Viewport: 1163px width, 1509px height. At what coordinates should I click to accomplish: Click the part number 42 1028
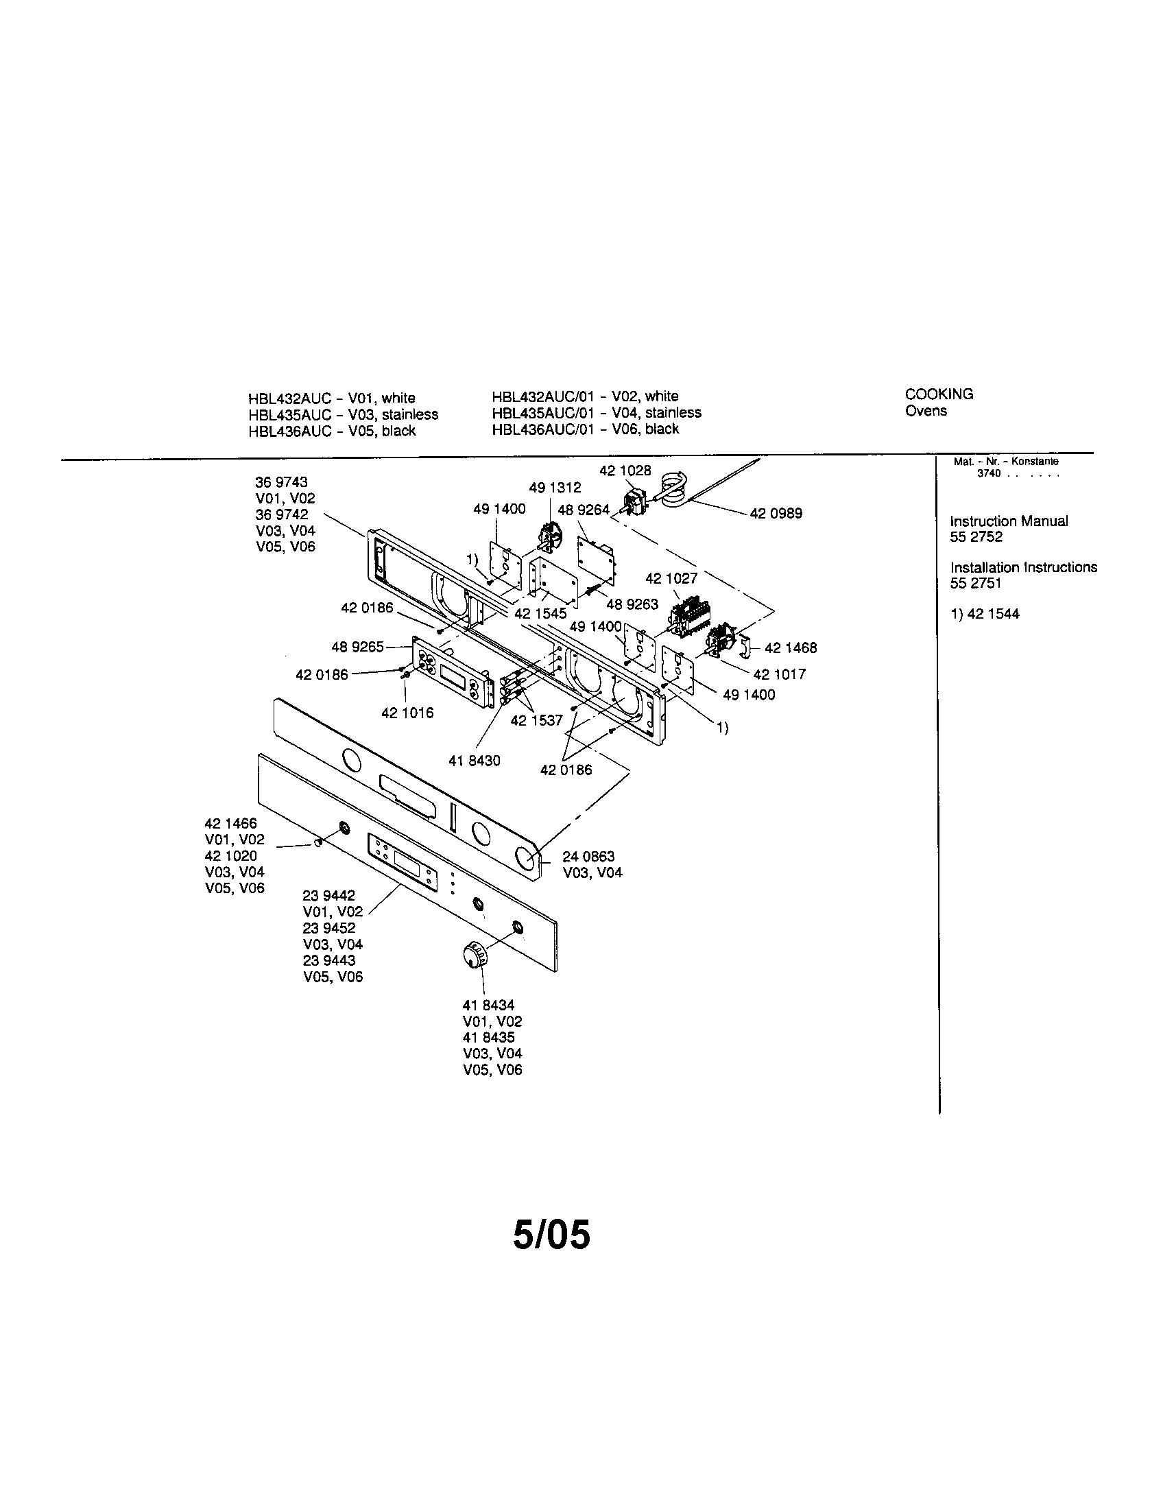point(624,471)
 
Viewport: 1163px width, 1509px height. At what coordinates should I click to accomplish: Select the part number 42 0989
point(776,513)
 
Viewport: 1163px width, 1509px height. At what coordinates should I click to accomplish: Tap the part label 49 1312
point(555,488)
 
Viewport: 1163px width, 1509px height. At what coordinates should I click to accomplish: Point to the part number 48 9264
point(583,510)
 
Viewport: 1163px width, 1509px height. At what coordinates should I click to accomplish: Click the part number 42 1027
point(671,578)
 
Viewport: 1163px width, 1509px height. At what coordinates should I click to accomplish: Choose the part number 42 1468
point(790,648)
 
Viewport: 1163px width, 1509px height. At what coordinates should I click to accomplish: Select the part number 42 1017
point(779,674)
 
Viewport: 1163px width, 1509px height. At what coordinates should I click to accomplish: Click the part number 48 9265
point(357,647)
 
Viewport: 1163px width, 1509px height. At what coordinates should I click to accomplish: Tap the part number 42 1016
point(407,713)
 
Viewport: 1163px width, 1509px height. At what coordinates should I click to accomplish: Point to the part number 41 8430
point(474,761)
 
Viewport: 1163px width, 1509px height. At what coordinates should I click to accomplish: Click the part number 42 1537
point(536,721)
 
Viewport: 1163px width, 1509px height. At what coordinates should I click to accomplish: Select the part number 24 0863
point(588,857)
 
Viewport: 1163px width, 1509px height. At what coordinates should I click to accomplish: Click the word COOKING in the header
point(939,394)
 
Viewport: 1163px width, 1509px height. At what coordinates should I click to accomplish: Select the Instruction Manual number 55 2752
point(976,537)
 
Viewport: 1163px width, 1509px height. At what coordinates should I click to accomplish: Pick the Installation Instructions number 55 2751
point(975,583)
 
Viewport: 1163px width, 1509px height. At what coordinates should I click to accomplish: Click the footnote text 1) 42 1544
point(984,615)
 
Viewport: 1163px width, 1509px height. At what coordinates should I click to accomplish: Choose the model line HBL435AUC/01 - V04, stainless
point(596,412)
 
